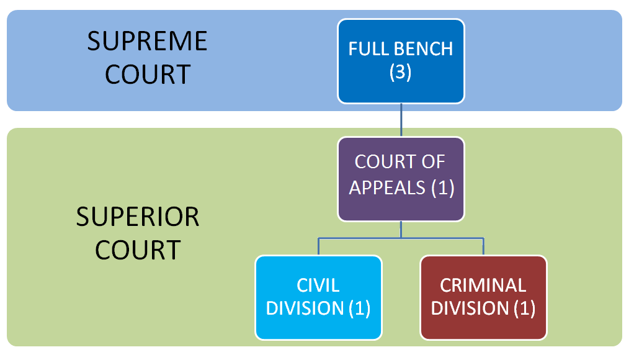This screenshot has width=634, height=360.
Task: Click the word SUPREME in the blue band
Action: pyautogui.click(x=147, y=42)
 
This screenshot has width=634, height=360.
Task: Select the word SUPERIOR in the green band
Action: pyautogui.click(x=138, y=217)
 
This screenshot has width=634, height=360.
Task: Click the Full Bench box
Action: pyautogui.click(x=401, y=61)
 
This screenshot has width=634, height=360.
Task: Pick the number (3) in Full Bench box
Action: pyautogui.click(x=401, y=73)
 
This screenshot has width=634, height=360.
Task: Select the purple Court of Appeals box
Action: pyautogui.click(x=401, y=179)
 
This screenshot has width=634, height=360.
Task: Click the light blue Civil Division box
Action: pyautogui.click(x=318, y=297)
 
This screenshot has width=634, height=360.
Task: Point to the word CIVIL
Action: pyautogui.click(x=318, y=285)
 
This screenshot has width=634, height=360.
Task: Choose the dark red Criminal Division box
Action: pyautogui.click(x=483, y=297)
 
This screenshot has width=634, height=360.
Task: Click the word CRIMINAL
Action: pyautogui.click(x=483, y=285)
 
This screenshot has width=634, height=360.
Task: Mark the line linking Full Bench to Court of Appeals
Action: pyautogui.click(x=401, y=120)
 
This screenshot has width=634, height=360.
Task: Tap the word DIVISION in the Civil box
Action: pyautogui.click(x=304, y=308)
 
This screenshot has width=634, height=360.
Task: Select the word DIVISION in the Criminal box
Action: pyautogui.click(x=470, y=308)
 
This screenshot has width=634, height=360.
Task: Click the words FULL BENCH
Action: pyautogui.click(x=401, y=49)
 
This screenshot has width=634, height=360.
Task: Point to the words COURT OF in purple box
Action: pyautogui.click(x=401, y=162)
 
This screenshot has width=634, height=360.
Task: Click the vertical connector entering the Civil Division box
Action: pyautogui.click(x=318, y=246)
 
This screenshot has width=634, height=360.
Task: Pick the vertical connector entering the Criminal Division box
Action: pyautogui.click(x=483, y=246)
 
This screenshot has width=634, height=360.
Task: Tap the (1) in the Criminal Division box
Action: pyautogui.click(x=524, y=308)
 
